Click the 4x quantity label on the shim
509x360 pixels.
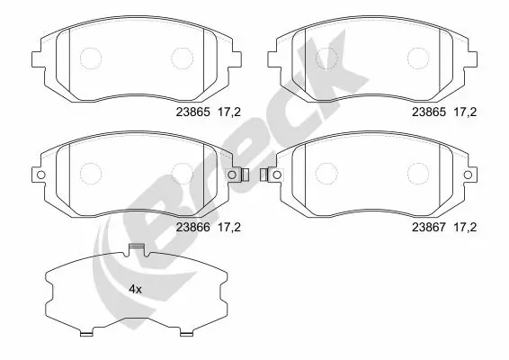[136, 289]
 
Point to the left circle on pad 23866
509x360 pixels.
[91, 174]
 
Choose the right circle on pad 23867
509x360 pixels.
[417, 174]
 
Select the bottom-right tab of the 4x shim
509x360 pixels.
[186, 334]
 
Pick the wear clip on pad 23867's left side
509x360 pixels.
[265, 175]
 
